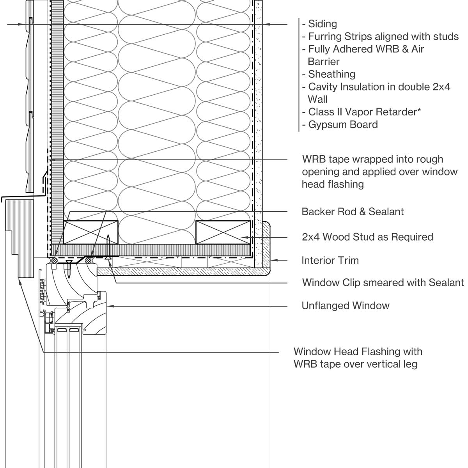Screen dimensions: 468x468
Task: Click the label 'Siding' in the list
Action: (323, 24)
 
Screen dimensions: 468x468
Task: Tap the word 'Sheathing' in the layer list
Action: (331, 74)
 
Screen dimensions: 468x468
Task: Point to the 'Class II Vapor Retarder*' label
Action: (364, 112)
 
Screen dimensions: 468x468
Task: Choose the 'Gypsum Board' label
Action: (343, 125)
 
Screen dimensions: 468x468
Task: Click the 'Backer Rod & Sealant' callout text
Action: (353, 212)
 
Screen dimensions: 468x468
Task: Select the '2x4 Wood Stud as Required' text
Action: (367, 237)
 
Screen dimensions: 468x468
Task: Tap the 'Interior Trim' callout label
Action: (330, 260)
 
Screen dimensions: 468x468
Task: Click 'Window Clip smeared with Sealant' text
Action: (383, 282)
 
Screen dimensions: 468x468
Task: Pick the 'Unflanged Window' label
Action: (346, 305)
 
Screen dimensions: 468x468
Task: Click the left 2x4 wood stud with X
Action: (90, 232)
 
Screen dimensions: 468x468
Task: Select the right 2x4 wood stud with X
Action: (223, 232)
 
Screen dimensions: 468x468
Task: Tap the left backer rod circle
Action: (55, 259)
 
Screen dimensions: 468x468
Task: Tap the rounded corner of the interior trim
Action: (266, 271)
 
